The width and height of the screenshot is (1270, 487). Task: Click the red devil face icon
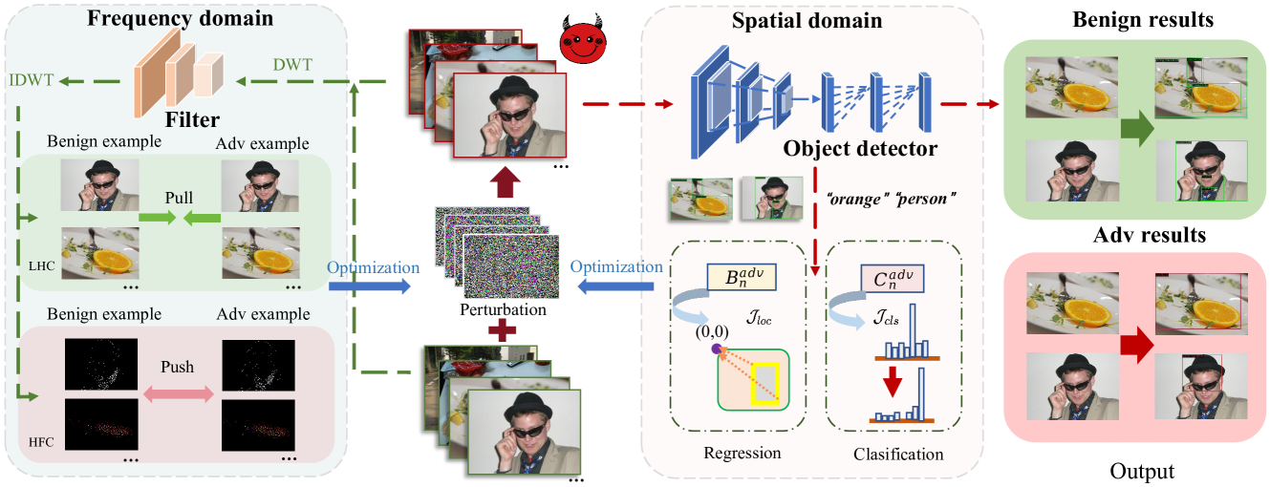(585, 42)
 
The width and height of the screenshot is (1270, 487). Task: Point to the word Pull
(179, 198)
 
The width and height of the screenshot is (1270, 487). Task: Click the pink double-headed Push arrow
(180, 392)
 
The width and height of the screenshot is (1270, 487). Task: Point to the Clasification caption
(898, 455)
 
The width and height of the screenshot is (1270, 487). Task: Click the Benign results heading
(1134, 20)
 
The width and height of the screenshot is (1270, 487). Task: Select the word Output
(1141, 471)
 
